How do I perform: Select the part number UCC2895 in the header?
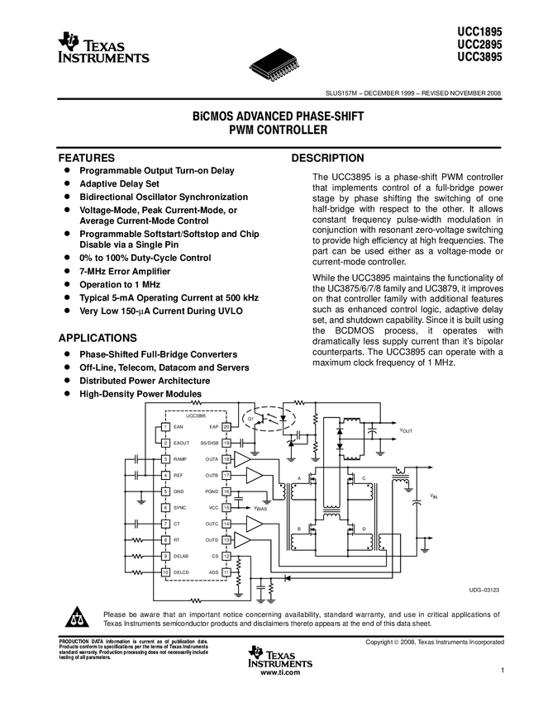point(480,44)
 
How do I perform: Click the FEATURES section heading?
point(85,157)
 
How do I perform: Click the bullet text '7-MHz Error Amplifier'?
point(125,271)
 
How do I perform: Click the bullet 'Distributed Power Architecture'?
point(145,381)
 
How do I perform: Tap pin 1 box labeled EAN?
point(166,427)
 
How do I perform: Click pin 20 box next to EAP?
point(226,427)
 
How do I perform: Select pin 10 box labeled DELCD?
point(166,572)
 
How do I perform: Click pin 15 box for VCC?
point(226,507)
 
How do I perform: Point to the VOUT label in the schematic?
point(406,431)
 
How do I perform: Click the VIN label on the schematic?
point(433,496)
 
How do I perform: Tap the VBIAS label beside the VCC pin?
point(260,509)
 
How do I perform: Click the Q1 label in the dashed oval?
point(250,420)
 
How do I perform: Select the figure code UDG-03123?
point(484,589)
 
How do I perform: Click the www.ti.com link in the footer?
point(280,673)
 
